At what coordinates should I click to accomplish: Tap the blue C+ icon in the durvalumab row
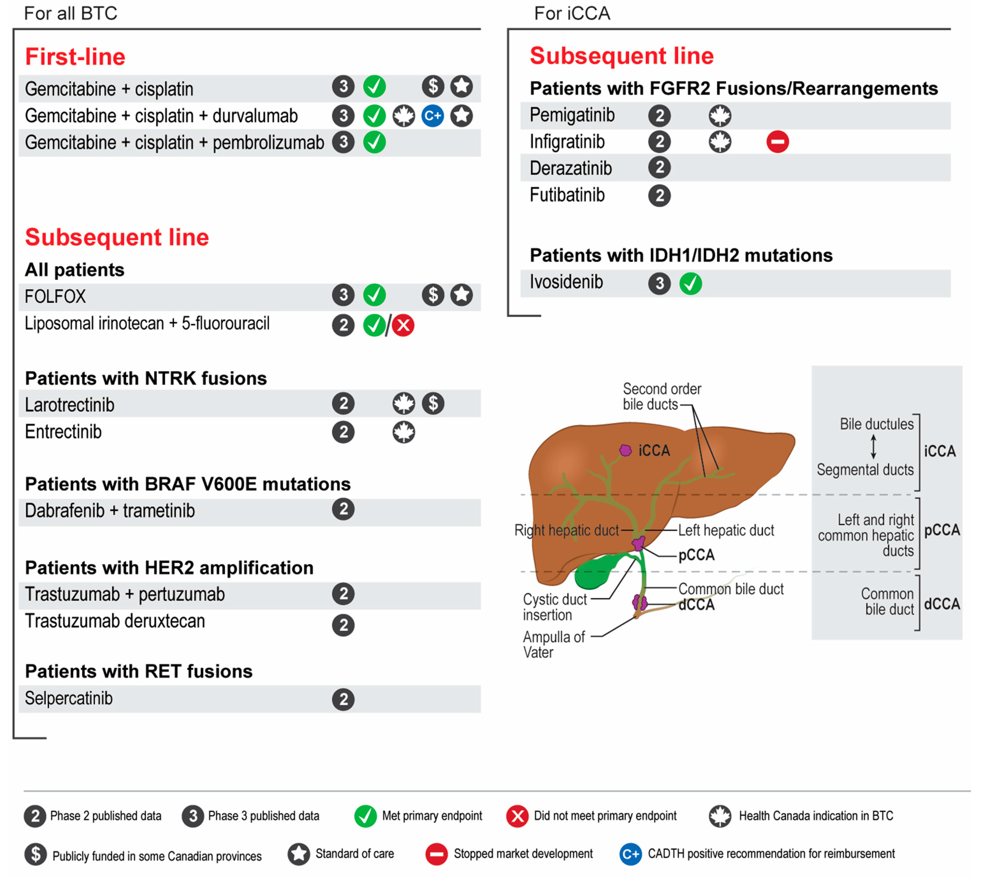(x=433, y=116)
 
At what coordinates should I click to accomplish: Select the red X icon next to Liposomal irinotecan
(x=403, y=325)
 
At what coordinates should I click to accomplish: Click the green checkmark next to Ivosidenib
(x=690, y=283)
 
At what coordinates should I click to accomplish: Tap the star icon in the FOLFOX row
(x=462, y=295)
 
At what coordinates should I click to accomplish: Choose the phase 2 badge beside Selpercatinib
(x=343, y=699)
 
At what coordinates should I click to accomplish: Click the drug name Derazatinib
(x=570, y=168)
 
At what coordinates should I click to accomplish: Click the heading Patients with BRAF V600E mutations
(x=188, y=484)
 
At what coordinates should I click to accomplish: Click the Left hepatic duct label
(x=726, y=530)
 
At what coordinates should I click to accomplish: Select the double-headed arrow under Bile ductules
(x=873, y=446)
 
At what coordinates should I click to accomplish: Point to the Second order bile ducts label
(x=661, y=396)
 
